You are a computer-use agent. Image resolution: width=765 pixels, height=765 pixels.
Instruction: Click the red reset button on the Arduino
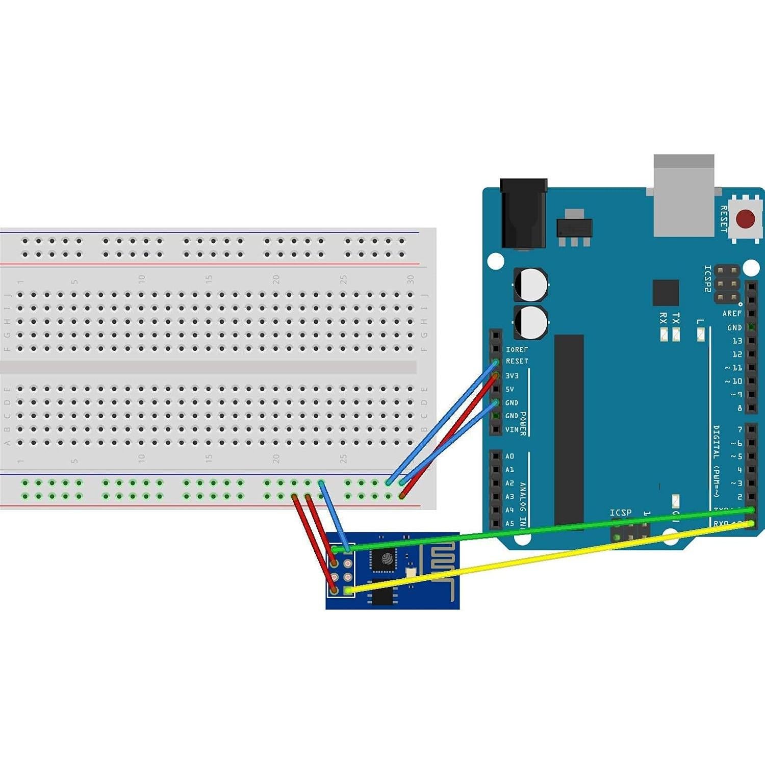[x=745, y=219]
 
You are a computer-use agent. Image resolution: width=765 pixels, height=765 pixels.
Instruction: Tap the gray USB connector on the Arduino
[x=683, y=196]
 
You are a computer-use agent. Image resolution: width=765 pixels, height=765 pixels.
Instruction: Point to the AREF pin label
[x=732, y=313]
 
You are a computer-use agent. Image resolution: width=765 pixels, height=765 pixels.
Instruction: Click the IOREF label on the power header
[x=517, y=349]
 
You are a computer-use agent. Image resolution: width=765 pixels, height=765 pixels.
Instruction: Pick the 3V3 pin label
[x=512, y=376]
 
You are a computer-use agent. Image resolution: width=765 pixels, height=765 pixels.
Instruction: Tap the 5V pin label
[x=510, y=389]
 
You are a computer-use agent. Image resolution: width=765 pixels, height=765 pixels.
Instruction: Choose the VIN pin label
[x=512, y=429]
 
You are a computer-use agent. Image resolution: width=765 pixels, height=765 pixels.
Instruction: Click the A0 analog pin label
[x=509, y=456]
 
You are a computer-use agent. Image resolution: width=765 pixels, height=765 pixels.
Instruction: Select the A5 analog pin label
[x=509, y=523]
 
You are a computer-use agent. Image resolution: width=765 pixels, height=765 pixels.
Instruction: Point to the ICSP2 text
[x=707, y=278]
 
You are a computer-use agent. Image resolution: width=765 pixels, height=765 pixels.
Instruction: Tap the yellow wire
[x=541, y=558]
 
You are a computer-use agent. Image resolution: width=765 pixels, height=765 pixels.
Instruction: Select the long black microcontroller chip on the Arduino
[x=569, y=428]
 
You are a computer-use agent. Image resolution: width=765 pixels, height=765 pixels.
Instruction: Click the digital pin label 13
[x=737, y=341]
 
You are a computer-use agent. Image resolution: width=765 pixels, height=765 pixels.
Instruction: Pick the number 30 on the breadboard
[x=411, y=279]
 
